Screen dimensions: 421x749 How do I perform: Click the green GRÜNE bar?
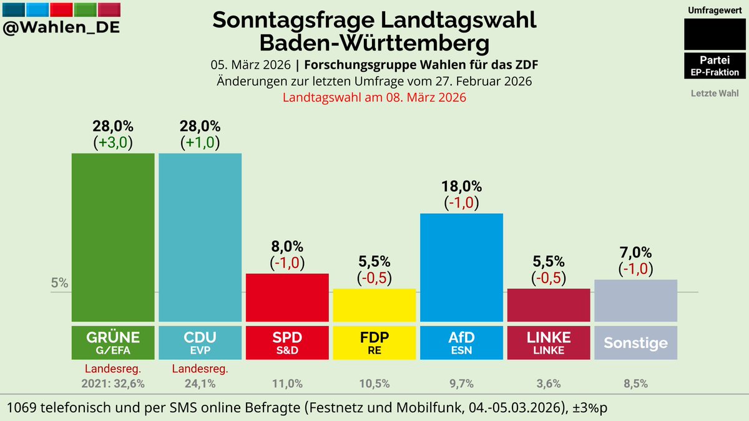click(x=113, y=237)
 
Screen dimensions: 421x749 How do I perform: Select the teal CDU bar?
click(x=200, y=237)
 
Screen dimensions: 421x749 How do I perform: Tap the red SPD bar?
click(x=287, y=298)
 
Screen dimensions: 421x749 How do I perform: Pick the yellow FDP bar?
click(x=374, y=305)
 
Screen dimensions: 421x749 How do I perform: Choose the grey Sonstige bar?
click(x=635, y=301)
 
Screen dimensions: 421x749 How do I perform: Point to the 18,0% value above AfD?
click(x=461, y=186)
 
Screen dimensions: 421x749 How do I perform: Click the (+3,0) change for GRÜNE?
click(x=113, y=142)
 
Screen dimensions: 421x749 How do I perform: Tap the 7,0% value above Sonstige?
click(x=635, y=253)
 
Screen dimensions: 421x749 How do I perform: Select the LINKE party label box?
click(x=549, y=342)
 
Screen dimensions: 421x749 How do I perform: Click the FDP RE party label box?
click(x=374, y=342)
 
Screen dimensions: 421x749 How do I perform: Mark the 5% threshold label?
click(x=60, y=283)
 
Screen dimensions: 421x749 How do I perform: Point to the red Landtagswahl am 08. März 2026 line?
click(x=374, y=98)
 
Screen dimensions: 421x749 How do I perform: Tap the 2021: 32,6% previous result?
click(x=113, y=384)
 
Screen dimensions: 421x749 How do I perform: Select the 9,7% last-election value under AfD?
click(x=461, y=384)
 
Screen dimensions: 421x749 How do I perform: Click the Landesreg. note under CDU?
click(x=200, y=369)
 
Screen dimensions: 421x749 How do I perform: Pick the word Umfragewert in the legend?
click(x=715, y=11)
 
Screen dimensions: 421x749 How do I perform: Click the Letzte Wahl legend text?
click(x=715, y=94)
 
